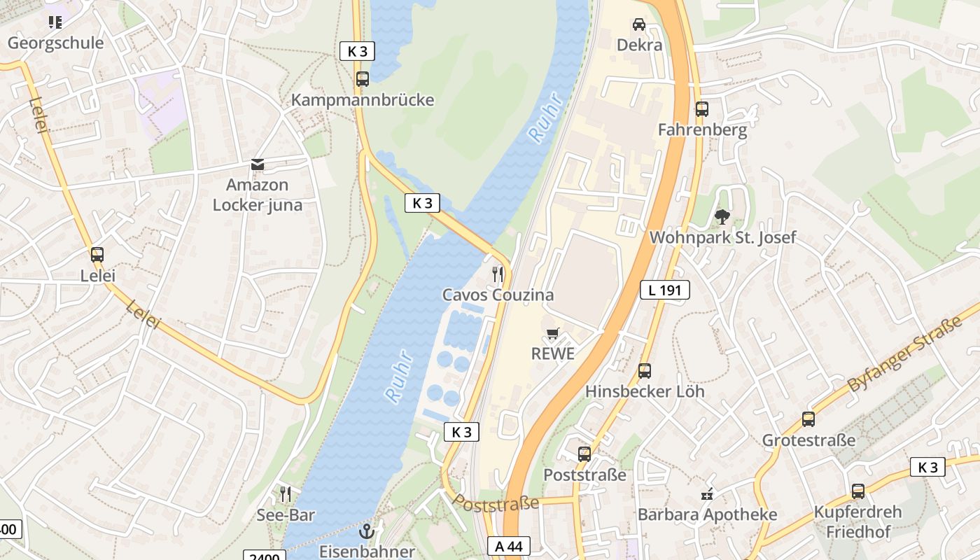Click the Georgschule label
pos(55,43)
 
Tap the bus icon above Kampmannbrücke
pos(362,79)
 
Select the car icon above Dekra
pos(639,24)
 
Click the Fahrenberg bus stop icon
pos(701,109)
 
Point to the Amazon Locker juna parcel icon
pos(258,164)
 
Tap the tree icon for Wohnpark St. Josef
pos(722,217)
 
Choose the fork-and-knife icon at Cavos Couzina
pos(498,274)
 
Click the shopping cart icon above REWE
pos(553,334)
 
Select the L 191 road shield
pos(664,290)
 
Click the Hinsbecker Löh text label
pos(645,391)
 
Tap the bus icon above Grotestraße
pos(808,419)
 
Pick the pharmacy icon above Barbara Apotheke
pos(707,494)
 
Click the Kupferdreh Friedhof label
pos(857,521)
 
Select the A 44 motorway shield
pos(509,547)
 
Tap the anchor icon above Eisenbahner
pos(367,531)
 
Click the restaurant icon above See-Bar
pos(285,494)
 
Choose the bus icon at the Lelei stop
pos(97,255)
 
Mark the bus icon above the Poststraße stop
pos(584,454)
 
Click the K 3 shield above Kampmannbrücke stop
pos(357,51)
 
